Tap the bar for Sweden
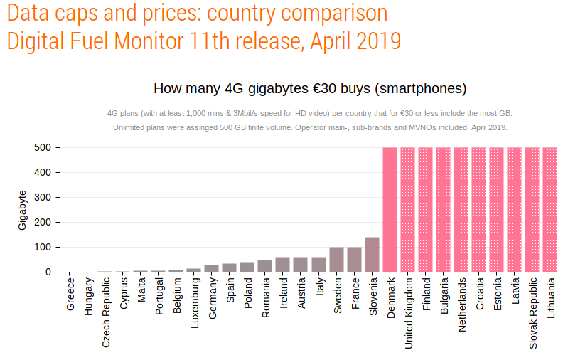[336, 260]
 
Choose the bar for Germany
[211, 268]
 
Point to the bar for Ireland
[282, 265]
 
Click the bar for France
[354, 260]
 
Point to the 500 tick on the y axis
[43, 148]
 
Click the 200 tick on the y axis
[43, 222]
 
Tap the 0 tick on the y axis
[48, 272]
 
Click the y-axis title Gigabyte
[22, 210]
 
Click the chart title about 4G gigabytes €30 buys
[310, 89]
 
